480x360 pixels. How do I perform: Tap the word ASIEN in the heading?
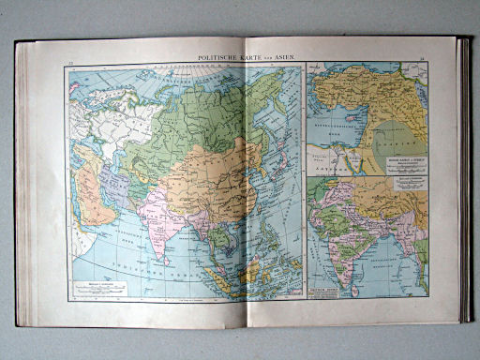[x=284, y=59]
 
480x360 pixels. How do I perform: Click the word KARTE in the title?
[x=252, y=59]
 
